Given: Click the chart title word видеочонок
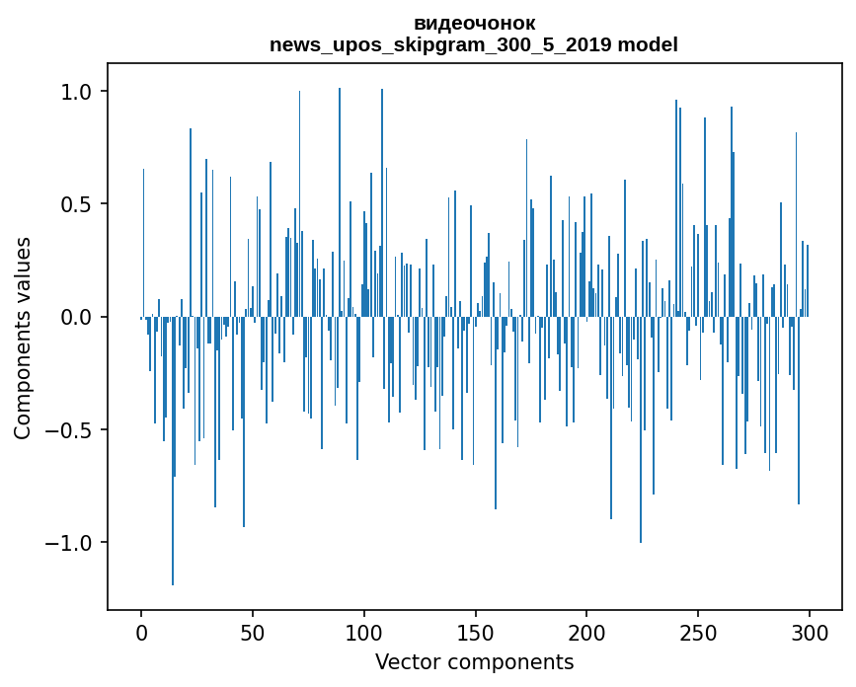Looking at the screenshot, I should [x=474, y=23].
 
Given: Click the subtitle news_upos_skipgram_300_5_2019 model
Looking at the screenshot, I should [x=474, y=44].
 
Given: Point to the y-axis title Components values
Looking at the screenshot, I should [x=23, y=338].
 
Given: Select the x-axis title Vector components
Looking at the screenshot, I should [x=474, y=661].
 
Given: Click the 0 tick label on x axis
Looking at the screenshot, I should [x=141, y=631].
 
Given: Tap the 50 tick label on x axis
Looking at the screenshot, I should [x=253, y=631].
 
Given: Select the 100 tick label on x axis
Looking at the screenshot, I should [x=364, y=631].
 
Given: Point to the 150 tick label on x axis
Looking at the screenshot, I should [x=475, y=631].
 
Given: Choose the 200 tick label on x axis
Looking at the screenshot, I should [x=586, y=631].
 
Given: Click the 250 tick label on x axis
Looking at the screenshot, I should [x=698, y=631].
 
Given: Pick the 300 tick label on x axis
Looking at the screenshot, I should [x=810, y=631].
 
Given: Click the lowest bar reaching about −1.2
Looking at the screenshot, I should [x=173, y=494].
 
